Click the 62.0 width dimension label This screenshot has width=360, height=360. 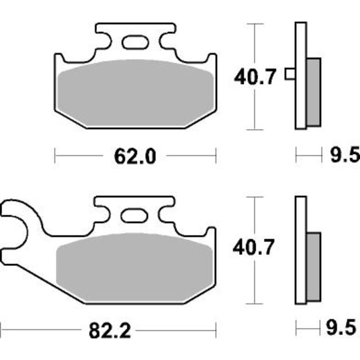(x=135, y=156)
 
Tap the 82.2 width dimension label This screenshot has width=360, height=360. (x=110, y=330)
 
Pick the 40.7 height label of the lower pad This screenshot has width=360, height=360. (x=253, y=247)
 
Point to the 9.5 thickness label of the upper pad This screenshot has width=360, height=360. (x=345, y=155)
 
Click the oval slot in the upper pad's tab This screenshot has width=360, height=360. (x=135, y=42)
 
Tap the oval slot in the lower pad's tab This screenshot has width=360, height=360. (x=134, y=216)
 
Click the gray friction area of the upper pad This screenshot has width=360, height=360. (x=136, y=94)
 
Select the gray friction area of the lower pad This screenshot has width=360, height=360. (x=135, y=267)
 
